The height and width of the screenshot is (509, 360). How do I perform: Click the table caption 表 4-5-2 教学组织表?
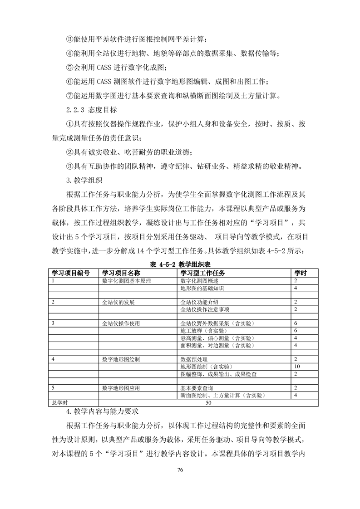(x=179, y=264)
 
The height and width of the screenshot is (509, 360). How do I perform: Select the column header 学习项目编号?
(x=70, y=273)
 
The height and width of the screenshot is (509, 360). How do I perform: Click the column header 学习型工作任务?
(x=203, y=273)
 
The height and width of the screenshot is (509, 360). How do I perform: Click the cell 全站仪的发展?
(x=119, y=302)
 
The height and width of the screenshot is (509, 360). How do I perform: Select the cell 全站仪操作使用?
(x=122, y=323)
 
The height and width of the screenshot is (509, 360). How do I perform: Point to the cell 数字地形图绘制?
(x=122, y=359)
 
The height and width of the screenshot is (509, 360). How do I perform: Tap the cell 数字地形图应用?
(x=122, y=388)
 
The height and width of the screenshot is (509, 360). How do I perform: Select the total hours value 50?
(x=208, y=402)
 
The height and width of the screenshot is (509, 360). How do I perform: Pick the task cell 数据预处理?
(x=194, y=359)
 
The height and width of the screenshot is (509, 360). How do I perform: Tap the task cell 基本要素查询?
(x=197, y=388)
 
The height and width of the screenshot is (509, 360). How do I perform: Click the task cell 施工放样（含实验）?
(x=203, y=330)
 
